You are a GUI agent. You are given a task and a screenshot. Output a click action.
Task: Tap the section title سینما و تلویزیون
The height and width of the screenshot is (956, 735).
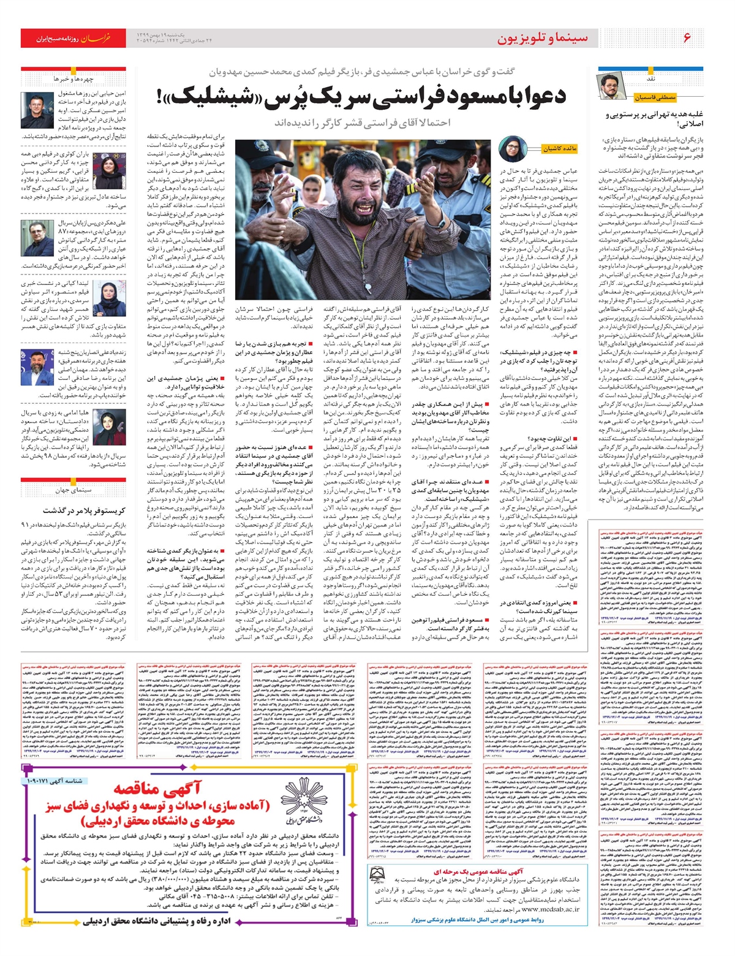pyautogui.click(x=542, y=38)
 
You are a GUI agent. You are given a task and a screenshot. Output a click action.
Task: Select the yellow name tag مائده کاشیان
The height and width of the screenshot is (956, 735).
pyautogui.click(x=560, y=149)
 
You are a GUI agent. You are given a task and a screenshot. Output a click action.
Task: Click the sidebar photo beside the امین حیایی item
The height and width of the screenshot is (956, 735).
pyautogui.click(x=35, y=109)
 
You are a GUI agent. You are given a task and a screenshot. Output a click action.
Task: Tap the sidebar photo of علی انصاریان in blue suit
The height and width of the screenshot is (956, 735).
pyautogui.click(x=35, y=365)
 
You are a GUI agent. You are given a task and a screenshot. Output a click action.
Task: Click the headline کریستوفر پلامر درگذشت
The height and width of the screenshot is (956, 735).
pyautogui.click(x=92, y=510)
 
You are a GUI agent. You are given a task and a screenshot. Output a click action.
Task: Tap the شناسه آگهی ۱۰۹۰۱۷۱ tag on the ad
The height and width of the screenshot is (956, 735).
pyautogui.click(x=56, y=781)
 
